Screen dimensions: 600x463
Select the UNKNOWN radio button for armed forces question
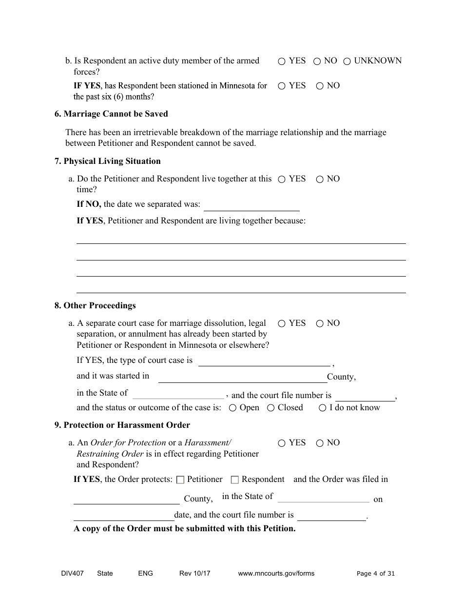[347, 61]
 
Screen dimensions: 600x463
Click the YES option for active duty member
[282, 61]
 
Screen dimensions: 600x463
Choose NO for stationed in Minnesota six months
[320, 86]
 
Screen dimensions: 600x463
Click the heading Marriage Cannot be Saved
[111, 114]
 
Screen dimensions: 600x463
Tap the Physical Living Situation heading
[107, 161]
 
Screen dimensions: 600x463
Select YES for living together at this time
[282, 180]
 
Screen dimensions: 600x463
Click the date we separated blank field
[251, 205]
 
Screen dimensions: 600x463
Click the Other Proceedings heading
[95, 305]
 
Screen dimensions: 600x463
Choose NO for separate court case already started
[320, 324]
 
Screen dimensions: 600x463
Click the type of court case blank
[264, 360]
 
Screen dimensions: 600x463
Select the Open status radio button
[233, 408]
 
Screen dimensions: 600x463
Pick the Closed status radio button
[271, 408]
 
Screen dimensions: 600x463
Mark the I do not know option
[323, 408]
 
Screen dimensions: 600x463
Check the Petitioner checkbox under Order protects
[180, 480]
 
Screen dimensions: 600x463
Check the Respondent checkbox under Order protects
[234, 480]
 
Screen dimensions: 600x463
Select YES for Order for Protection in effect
[282, 443]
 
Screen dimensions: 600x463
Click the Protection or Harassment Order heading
[122, 425]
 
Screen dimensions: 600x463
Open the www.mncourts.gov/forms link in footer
[276, 574]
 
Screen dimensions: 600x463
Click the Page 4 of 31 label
[376, 574]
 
